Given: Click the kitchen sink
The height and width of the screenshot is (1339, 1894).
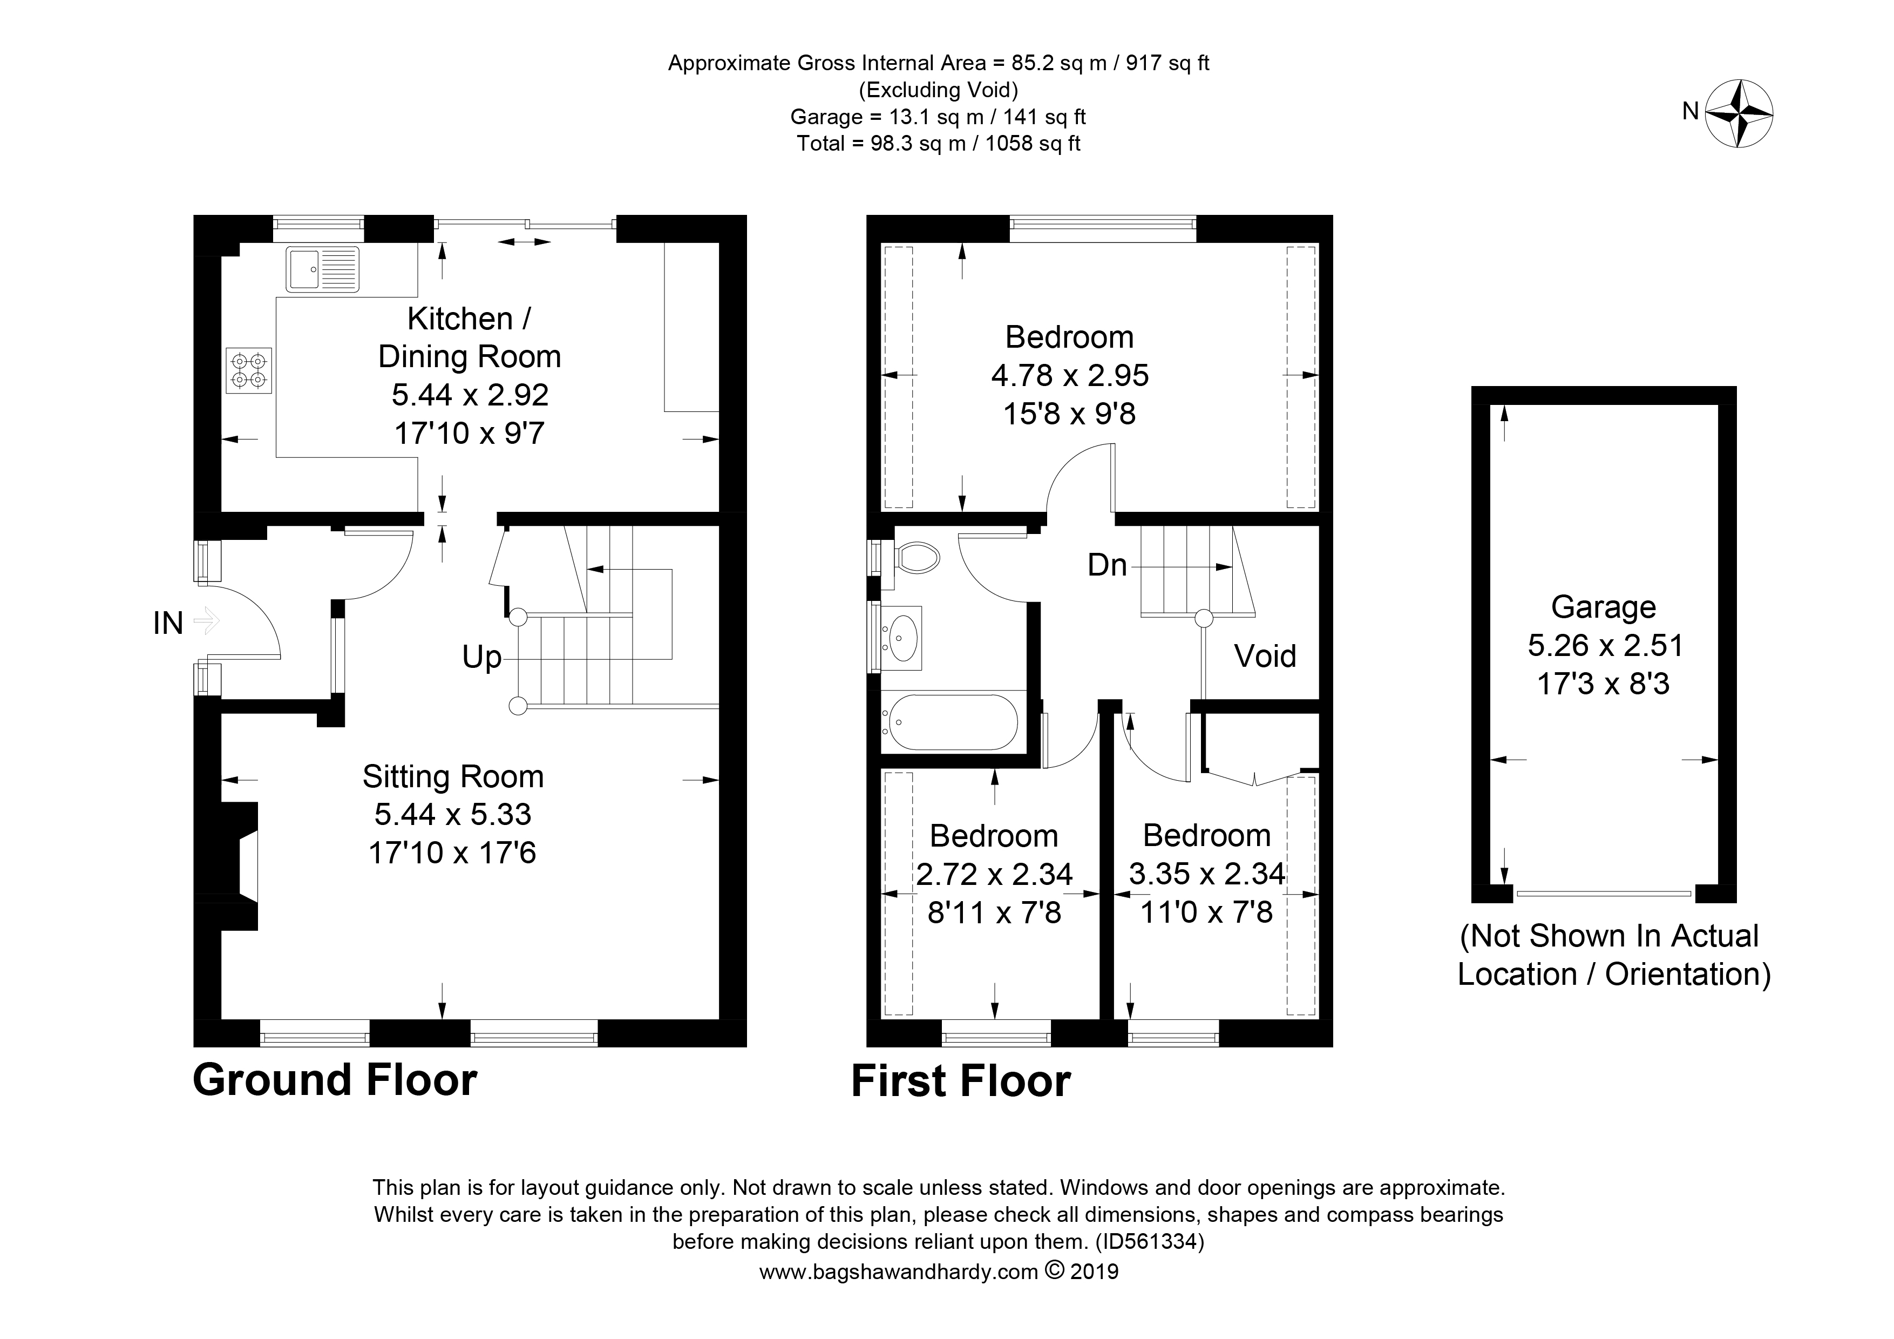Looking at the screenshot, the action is click(323, 269).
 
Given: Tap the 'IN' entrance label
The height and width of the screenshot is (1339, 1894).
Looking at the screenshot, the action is click(168, 624).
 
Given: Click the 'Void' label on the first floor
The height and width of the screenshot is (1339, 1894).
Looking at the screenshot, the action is click(1265, 656).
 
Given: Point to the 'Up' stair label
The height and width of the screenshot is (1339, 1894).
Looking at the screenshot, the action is click(482, 658).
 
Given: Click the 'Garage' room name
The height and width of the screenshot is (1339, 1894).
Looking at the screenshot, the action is click(1604, 607).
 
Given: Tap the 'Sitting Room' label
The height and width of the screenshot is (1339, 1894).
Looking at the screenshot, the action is click(453, 777).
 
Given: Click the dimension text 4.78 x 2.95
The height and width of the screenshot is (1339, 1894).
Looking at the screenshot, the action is click(1070, 375).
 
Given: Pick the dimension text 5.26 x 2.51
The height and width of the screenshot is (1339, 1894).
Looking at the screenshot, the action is click(1605, 645).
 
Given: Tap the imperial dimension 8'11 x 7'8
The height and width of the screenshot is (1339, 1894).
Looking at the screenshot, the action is click(994, 912).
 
